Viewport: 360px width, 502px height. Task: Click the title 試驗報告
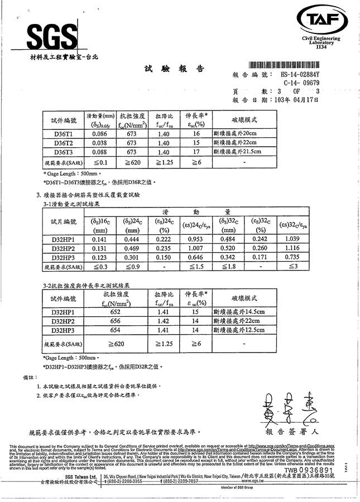[174, 69]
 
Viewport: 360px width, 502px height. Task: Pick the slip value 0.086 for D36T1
[99, 134]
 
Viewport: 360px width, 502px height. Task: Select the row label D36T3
[63, 152]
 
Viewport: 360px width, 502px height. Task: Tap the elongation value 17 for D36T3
[196, 152]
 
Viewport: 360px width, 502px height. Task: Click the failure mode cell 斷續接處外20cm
[237, 134]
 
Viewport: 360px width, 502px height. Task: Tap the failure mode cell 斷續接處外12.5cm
[239, 330]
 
